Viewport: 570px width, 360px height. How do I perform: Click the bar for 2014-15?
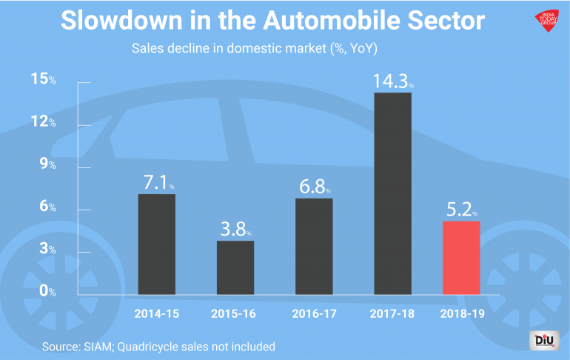[157, 243]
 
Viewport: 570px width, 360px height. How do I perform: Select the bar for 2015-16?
[235, 267]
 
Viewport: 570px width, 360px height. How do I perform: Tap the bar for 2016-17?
[314, 245]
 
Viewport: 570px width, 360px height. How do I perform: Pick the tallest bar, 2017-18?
[392, 192]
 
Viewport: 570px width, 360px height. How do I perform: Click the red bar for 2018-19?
[461, 256]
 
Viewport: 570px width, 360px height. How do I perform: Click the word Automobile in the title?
[327, 21]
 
